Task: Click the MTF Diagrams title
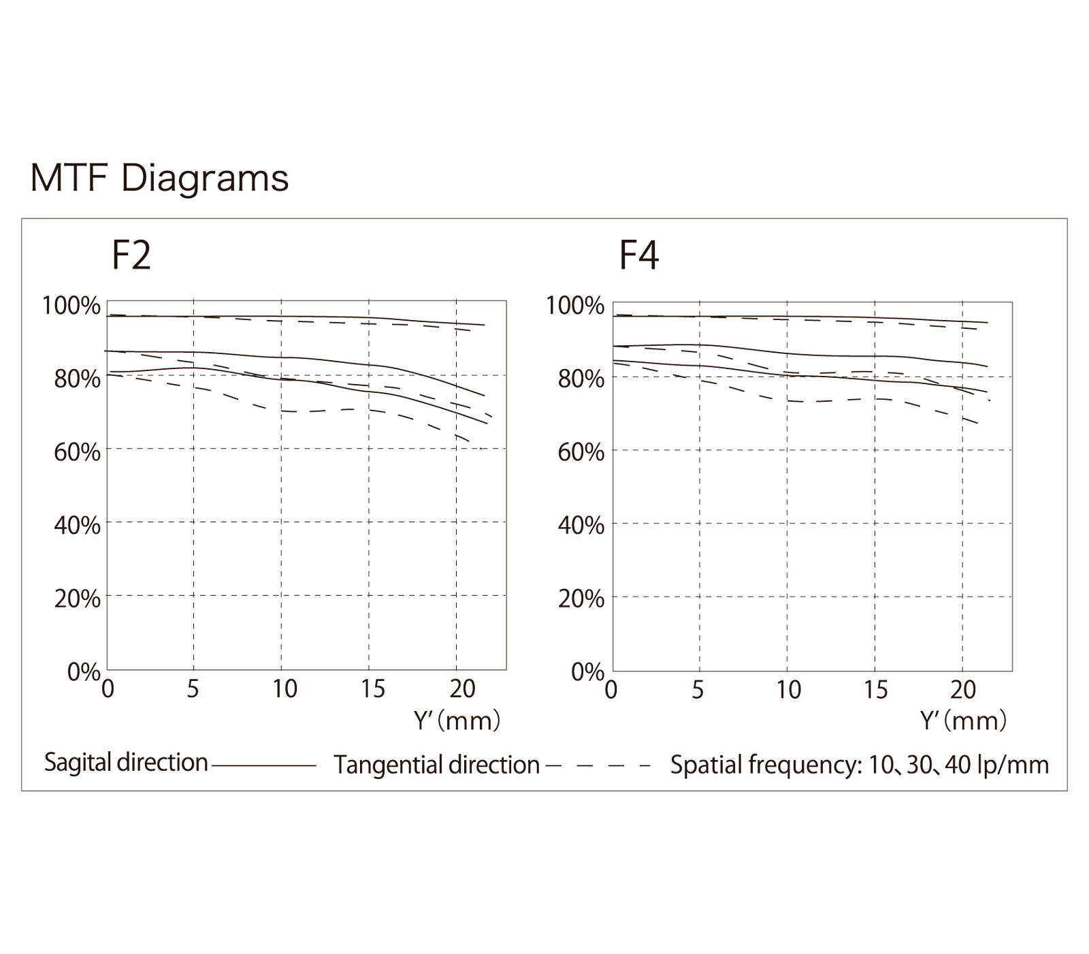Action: [x=160, y=179]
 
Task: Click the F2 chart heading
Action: [x=131, y=256]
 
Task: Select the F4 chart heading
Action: [x=638, y=256]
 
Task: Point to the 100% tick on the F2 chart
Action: [x=71, y=306]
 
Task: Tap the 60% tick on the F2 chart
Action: [x=77, y=451]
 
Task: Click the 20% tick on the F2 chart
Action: [x=77, y=599]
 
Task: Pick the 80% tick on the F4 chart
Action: [x=581, y=379]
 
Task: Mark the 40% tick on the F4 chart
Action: [x=581, y=526]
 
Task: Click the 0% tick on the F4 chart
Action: [x=587, y=672]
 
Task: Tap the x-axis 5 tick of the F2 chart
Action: [x=193, y=689]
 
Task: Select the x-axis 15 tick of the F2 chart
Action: [x=373, y=689]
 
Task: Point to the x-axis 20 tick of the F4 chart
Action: [x=962, y=690]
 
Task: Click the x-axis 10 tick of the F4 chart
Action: [x=788, y=690]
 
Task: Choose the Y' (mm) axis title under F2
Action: [x=457, y=720]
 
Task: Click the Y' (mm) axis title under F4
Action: [x=963, y=720]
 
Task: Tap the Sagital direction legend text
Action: [x=126, y=763]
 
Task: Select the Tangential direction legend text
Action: [x=436, y=765]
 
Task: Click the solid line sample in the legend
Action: [x=264, y=766]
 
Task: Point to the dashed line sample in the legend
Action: [x=598, y=766]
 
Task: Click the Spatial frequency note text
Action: [x=859, y=765]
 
